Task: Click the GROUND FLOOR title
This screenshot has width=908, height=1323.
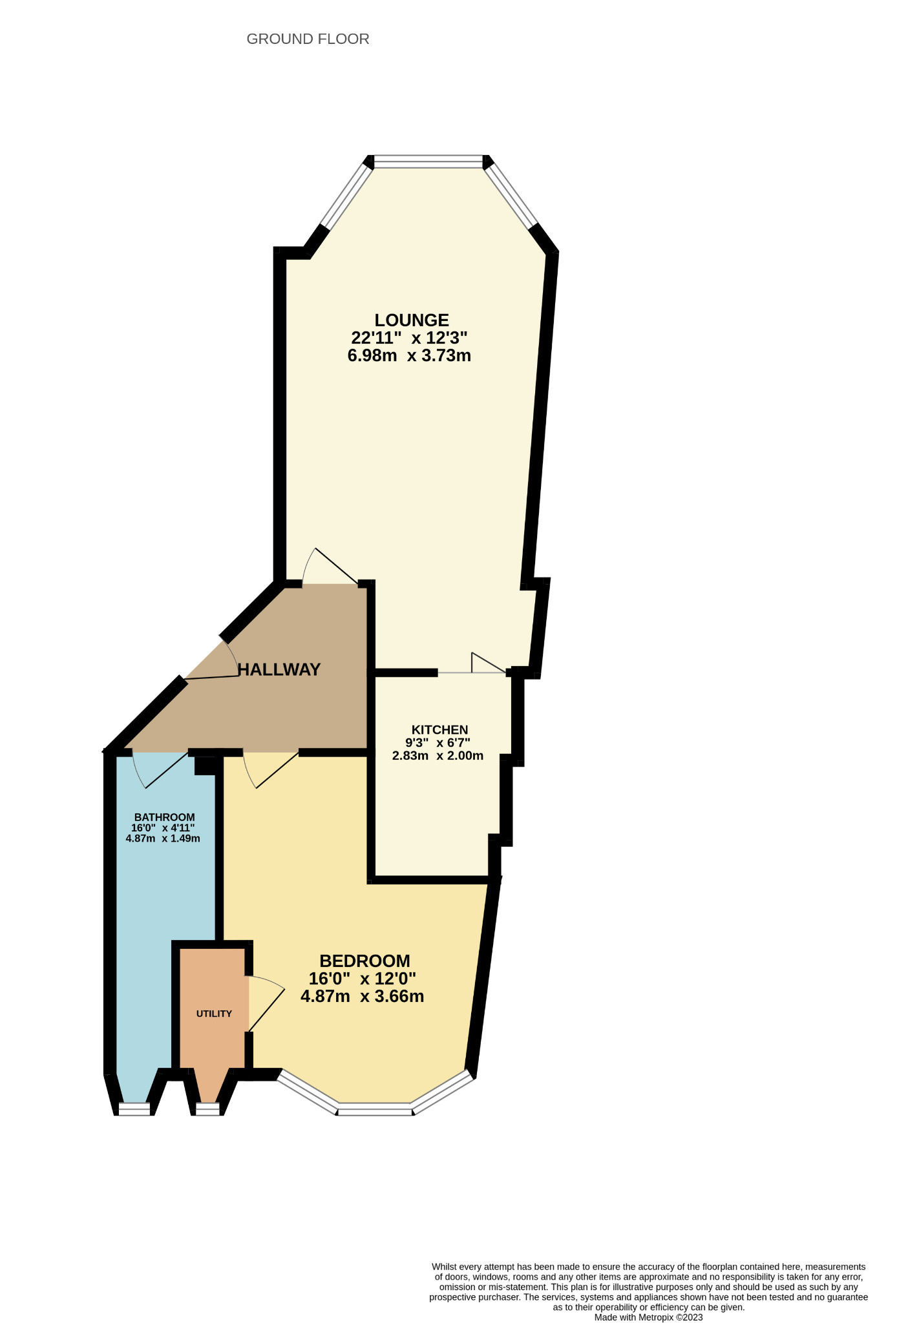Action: tap(308, 39)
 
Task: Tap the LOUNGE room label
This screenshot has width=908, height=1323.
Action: tap(412, 320)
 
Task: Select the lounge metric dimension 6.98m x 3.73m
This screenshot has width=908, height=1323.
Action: tap(409, 355)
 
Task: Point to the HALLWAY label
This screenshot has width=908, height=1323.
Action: tap(279, 669)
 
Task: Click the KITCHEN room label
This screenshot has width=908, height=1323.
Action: tap(439, 730)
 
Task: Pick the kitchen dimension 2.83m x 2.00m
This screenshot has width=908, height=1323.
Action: tap(438, 756)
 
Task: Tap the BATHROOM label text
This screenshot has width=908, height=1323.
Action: tap(164, 817)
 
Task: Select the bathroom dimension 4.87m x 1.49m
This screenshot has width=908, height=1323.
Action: tap(163, 839)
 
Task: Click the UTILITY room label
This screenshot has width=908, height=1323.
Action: tap(214, 1014)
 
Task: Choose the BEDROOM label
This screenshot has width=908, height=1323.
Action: tap(364, 961)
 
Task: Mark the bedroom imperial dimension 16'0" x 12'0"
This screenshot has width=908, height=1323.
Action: tap(362, 978)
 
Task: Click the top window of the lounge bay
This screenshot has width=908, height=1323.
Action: tap(428, 161)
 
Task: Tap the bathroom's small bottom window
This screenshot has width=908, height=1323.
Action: tap(134, 1109)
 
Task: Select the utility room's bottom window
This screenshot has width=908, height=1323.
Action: tap(207, 1109)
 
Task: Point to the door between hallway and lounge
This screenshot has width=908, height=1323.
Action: tap(330, 567)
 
